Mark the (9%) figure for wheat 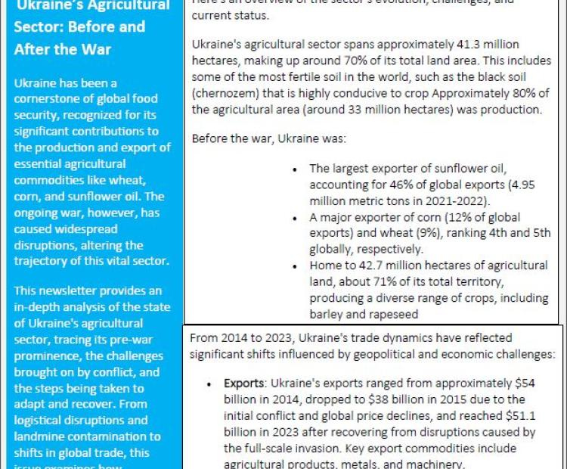tap(426, 233)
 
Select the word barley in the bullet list tap(327, 314)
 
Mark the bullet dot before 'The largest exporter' tap(295, 168)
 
